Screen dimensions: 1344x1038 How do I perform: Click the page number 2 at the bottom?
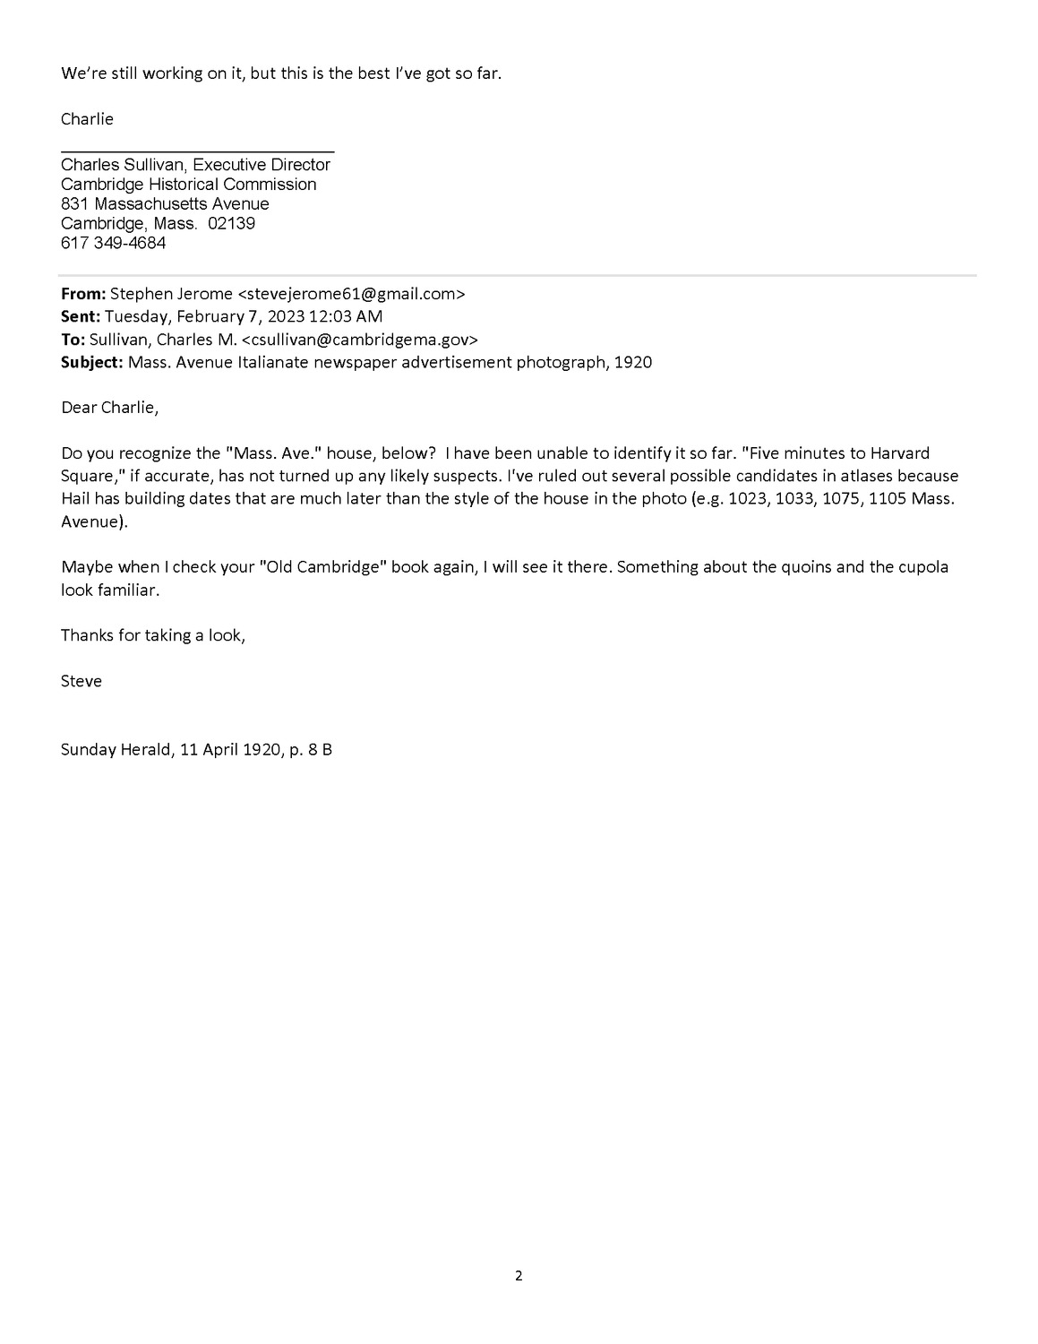[519, 1276]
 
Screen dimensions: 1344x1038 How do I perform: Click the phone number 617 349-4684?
[113, 243]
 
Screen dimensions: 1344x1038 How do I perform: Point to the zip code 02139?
[231, 223]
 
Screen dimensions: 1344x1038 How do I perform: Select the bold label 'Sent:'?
[81, 316]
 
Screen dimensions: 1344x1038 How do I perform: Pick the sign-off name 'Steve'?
[81, 681]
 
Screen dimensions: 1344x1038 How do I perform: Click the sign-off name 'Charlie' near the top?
[87, 118]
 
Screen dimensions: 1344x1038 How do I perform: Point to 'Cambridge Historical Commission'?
[188, 185]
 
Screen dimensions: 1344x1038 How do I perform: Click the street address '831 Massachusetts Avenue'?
[165, 204]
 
